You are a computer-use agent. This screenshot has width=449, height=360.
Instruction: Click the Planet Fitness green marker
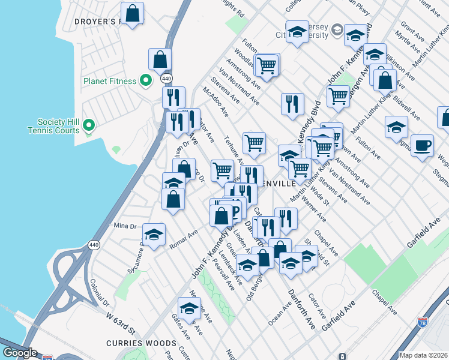(145, 80)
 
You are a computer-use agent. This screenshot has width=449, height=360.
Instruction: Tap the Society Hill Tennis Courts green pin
(89, 125)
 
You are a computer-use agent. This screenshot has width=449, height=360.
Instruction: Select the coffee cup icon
(423, 145)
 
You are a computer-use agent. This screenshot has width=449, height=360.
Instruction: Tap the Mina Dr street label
(125, 226)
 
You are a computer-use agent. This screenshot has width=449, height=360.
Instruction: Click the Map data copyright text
(423, 355)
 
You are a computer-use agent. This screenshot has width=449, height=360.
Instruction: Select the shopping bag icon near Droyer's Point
(132, 13)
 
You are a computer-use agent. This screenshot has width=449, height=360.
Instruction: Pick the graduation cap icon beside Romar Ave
(154, 235)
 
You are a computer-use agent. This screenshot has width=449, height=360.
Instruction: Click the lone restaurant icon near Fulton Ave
(292, 103)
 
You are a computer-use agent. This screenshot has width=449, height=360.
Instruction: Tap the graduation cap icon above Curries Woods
(190, 308)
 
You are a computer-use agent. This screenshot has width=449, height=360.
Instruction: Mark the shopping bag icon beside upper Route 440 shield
(160, 59)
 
